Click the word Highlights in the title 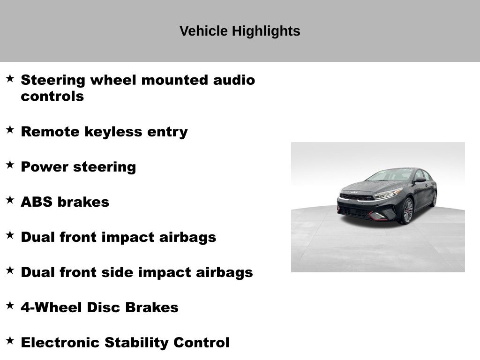[266, 31]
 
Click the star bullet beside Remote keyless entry [10, 129]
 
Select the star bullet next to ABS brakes [10, 200]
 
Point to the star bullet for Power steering [10, 165]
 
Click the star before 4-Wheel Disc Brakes [10, 306]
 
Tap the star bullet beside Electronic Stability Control [10, 341]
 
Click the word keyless [113, 132]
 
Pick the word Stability [136, 343]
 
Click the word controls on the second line [52, 96]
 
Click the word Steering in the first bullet [53, 81]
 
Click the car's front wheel [407, 211]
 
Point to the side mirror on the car [420, 180]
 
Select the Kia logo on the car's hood [354, 192]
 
